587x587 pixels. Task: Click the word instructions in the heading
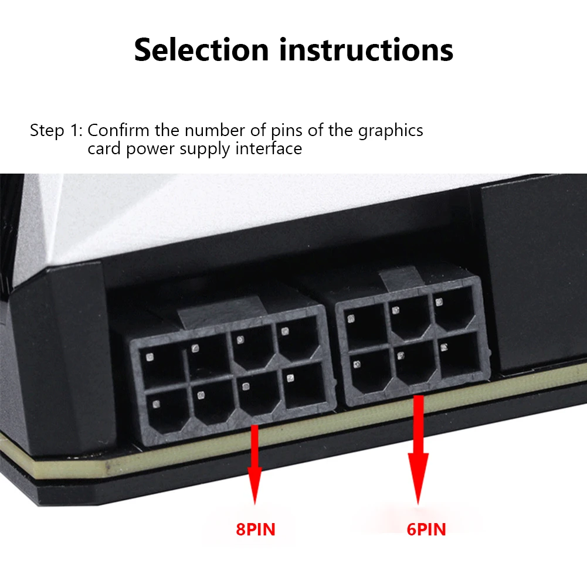pos(366,50)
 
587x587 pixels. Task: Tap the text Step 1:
pos(56,130)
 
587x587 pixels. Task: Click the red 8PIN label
pos(255,530)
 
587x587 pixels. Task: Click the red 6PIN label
pos(426,530)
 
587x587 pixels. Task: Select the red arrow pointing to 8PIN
pos(255,463)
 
